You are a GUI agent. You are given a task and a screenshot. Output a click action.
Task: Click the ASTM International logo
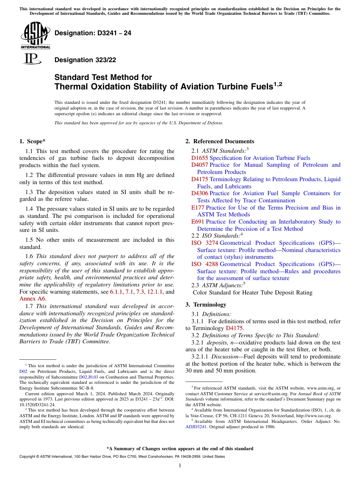coord(35,36)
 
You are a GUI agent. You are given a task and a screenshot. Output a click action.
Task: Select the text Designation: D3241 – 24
coord(93,33)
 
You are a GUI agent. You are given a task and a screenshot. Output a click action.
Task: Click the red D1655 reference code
coord(200,158)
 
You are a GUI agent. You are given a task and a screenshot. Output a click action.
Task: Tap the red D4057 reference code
coord(200,165)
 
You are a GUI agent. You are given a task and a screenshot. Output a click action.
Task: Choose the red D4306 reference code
coord(200,193)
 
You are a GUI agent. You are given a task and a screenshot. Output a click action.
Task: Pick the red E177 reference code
coord(198,208)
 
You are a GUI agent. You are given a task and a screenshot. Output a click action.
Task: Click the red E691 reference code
coord(198,222)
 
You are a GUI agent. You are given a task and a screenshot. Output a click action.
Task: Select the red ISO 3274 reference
coord(205,243)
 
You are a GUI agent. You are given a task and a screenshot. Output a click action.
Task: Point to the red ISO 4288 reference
coord(205,264)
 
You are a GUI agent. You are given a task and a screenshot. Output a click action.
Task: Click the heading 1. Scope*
coord(33,141)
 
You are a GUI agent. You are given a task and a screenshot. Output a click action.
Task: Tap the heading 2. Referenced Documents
coord(220,141)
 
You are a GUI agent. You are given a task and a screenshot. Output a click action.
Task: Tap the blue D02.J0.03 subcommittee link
coord(89,377)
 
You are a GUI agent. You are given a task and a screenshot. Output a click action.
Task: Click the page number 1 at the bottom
coord(180,465)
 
